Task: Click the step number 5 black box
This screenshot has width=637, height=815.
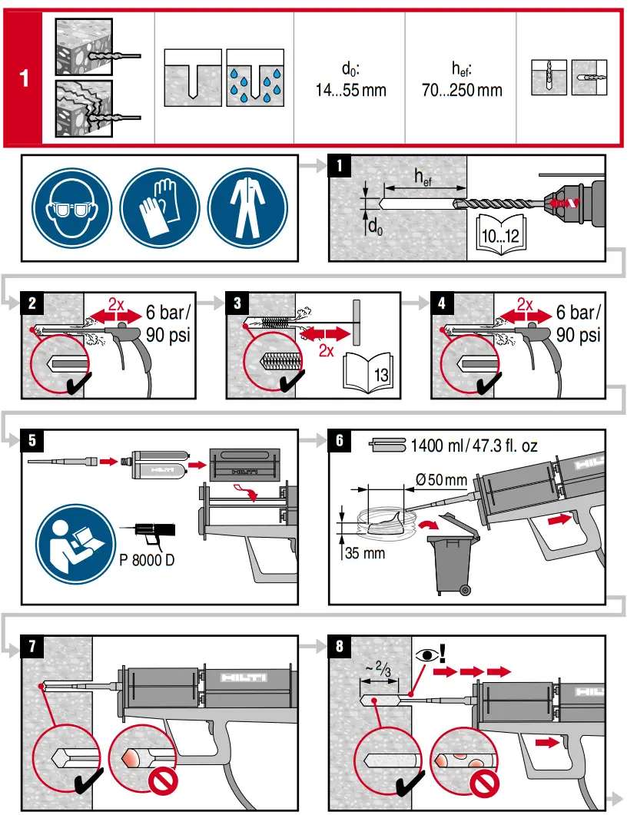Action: pyautogui.click(x=32, y=441)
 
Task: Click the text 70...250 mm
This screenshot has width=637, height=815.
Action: pyautogui.click(x=462, y=91)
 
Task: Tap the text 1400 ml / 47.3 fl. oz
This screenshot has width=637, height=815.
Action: pyautogui.click(x=473, y=445)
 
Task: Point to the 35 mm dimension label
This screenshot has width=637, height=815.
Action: pyautogui.click(x=362, y=552)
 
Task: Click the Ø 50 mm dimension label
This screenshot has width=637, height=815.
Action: pyautogui.click(x=440, y=481)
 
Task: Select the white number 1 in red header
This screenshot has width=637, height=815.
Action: pyautogui.click(x=25, y=78)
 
